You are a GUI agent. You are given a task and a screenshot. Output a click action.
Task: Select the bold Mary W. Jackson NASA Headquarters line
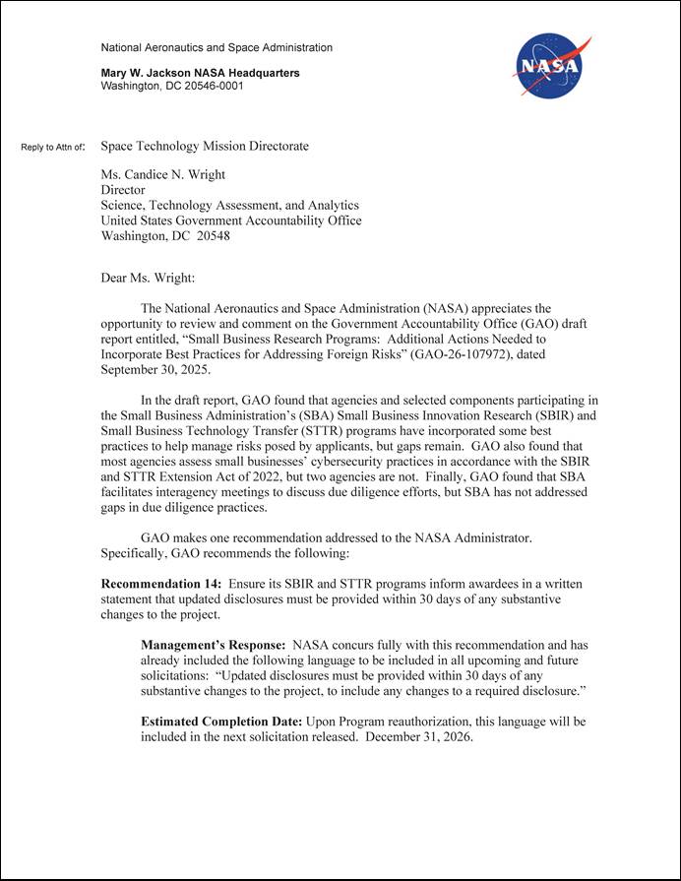click(201, 73)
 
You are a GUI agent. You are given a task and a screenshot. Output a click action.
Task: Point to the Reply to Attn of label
click(53, 148)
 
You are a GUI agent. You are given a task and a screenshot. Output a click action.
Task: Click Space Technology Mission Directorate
click(205, 147)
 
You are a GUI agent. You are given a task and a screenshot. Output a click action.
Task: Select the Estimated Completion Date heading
click(221, 722)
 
